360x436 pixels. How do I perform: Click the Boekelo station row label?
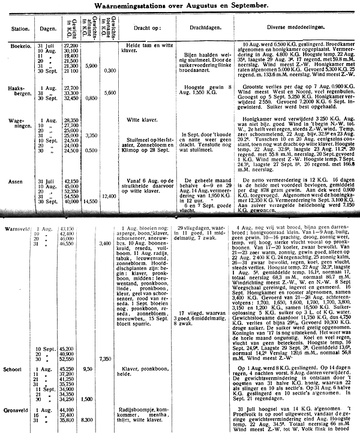[16, 45]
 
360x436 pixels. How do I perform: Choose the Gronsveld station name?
[17, 409]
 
